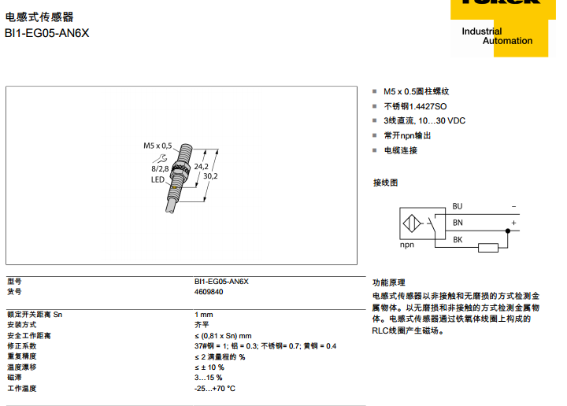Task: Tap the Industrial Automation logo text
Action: pyautogui.click(x=497, y=36)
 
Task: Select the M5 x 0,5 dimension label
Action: pyautogui.click(x=157, y=146)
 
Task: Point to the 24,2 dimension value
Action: pyautogui.click(x=201, y=167)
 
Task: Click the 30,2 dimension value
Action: pyautogui.click(x=210, y=176)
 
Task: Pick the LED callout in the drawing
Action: pyautogui.click(x=157, y=179)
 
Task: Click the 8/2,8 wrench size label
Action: pyautogui.click(x=160, y=168)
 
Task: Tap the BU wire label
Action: pyautogui.click(x=458, y=206)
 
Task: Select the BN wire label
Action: pyautogui.click(x=458, y=223)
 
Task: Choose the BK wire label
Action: pyautogui.click(x=458, y=239)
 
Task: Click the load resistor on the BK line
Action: pyautogui.click(x=488, y=249)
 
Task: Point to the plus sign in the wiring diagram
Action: pyautogui.click(x=513, y=223)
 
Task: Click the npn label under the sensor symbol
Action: pyautogui.click(x=407, y=245)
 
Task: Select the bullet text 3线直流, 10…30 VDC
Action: pyautogui.click(x=424, y=120)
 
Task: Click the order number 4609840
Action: pyautogui.click(x=209, y=291)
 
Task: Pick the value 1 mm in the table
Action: pyautogui.click(x=203, y=314)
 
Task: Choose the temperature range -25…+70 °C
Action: pyautogui.click(x=215, y=389)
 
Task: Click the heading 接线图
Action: pyautogui.click(x=385, y=183)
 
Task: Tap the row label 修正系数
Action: pyautogui.click(x=22, y=346)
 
